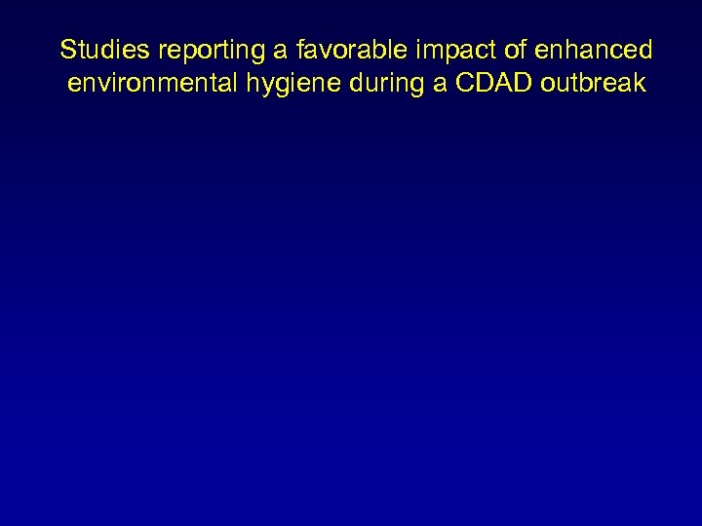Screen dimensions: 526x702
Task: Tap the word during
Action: coord(380,85)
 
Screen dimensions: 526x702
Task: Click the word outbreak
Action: coord(586,83)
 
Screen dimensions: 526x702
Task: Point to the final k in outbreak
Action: coord(640,83)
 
